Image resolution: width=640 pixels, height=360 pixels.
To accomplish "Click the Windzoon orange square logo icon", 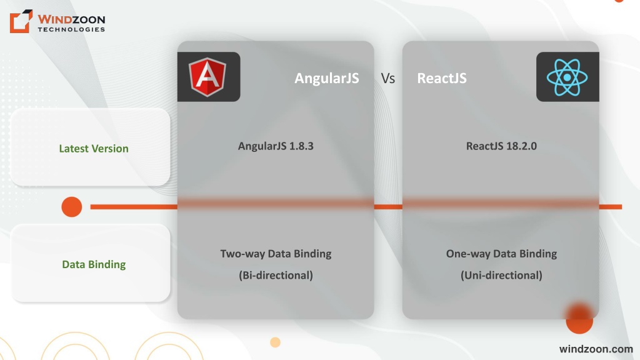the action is (x=21, y=21).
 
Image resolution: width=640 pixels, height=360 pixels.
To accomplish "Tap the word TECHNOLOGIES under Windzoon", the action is (x=71, y=29).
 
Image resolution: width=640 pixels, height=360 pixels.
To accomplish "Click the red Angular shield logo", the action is (x=207, y=77).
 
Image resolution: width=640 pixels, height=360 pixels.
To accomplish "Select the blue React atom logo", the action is (x=567, y=77).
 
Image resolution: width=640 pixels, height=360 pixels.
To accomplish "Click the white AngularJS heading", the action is (x=326, y=78).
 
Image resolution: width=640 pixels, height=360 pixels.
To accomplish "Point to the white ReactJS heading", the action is (x=442, y=78).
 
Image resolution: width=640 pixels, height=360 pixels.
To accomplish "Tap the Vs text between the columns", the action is (x=387, y=78).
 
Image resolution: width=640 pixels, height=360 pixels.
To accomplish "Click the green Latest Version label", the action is (x=94, y=149).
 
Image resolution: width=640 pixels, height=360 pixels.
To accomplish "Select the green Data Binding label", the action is (x=94, y=264).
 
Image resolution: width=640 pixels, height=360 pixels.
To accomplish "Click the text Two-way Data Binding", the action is (x=276, y=254).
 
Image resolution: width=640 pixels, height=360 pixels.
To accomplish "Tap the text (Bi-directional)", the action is (x=276, y=275).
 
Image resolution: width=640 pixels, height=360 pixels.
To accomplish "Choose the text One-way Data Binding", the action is (x=501, y=254).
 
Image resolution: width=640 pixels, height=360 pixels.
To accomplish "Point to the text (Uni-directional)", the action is (x=501, y=275).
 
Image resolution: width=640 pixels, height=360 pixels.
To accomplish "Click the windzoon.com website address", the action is (x=596, y=349).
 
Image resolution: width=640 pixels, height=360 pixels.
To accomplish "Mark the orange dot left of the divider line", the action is (x=72, y=207).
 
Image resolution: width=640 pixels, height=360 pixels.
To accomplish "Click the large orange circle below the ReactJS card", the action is (x=579, y=319).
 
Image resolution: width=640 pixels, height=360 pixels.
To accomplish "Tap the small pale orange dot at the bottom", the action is (x=276, y=342).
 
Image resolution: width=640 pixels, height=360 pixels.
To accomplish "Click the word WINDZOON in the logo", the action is (x=71, y=19).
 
